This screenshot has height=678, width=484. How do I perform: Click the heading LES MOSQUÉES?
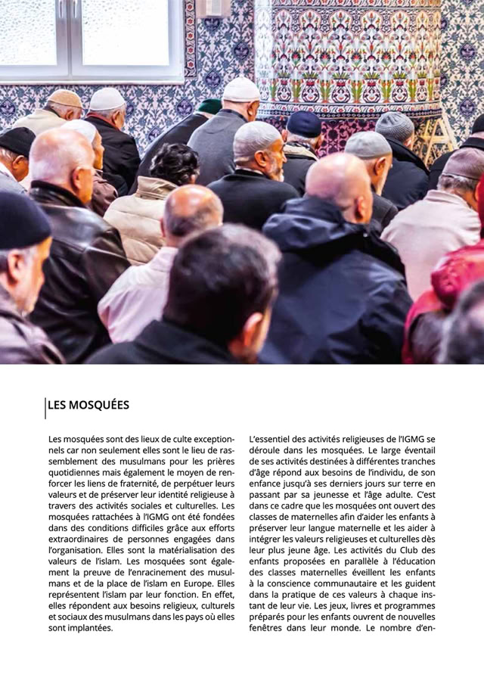click(88, 405)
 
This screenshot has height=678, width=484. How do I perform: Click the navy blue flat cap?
click(303, 123)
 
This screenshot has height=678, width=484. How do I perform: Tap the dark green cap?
click(209, 106)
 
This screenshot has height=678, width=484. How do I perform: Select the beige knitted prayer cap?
click(65, 98)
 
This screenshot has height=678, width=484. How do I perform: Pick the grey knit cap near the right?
click(394, 124)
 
